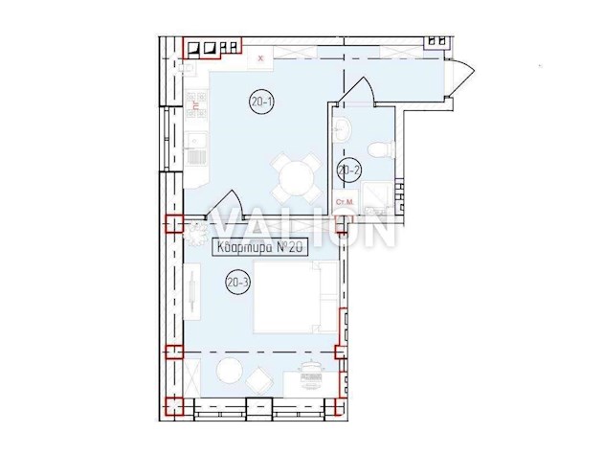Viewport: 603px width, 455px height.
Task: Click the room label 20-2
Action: click(x=347, y=171)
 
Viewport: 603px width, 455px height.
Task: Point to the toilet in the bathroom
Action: click(x=383, y=148)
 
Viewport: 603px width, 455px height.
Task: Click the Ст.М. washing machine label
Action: click(x=344, y=201)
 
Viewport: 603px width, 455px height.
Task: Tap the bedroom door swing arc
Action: click(x=226, y=202)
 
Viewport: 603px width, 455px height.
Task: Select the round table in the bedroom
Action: click(x=229, y=373)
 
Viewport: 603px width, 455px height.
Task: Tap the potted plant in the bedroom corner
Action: click(x=199, y=230)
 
